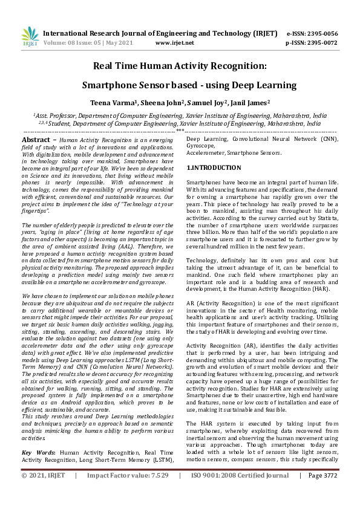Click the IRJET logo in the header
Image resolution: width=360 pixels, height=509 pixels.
pyautogui.click(x=30, y=36)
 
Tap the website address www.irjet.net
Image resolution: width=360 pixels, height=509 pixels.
pyautogui.click(x=175, y=43)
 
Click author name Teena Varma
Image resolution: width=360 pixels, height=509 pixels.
pyautogui.click(x=111, y=103)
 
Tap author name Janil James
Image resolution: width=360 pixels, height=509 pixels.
pyautogui.click(x=250, y=103)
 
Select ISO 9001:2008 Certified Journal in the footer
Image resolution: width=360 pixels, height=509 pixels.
pyautogui.click(x=240, y=493)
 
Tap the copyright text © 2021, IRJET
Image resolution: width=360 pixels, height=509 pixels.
pyautogui.click(x=43, y=493)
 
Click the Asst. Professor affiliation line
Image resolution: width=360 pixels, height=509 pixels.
pyautogui.click(x=180, y=114)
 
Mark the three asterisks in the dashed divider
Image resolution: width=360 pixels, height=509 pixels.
pyautogui.click(x=180, y=131)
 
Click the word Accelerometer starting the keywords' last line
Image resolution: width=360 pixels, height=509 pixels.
pyautogui.click(x=204, y=154)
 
